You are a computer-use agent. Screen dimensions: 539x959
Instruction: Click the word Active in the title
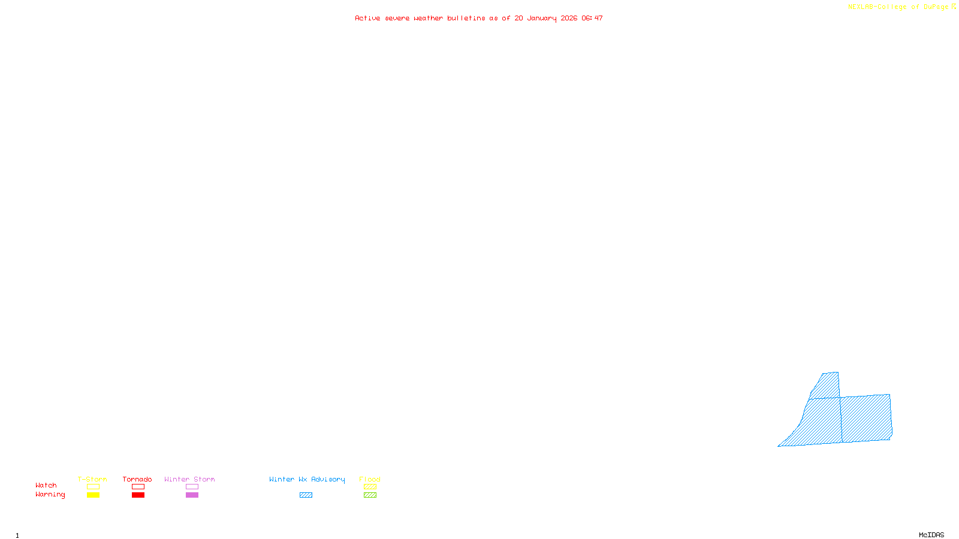click(x=366, y=18)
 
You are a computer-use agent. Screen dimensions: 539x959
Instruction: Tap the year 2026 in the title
click(x=569, y=18)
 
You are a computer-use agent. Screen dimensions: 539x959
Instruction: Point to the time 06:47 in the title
click(x=592, y=18)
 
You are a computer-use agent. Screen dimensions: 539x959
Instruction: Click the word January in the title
click(x=541, y=19)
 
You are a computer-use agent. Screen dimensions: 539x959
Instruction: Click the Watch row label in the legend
click(x=46, y=485)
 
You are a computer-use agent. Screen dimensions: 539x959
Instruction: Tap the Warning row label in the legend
click(x=50, y=495)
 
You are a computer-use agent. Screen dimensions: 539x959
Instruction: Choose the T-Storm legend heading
click(x=92, y=479)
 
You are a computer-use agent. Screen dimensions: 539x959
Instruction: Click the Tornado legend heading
click(x=137, y=479)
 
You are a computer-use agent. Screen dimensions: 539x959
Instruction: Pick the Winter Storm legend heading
click(x=189, y=479)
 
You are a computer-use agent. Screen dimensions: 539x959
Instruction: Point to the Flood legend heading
click(x=370, y=479)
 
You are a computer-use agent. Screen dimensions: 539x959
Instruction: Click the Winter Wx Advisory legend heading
click(x=307, y=479)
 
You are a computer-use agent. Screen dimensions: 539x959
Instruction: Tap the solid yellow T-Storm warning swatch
click(x=93, y=495)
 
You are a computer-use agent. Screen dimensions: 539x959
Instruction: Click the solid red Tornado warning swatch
click(x=138, y=495)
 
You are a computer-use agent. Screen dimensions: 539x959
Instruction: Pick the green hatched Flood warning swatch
click(x=370, y=495)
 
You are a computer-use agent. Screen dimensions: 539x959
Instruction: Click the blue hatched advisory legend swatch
click(x=306, y=495)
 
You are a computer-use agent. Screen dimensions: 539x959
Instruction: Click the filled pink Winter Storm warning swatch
click(x=192, y=495)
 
